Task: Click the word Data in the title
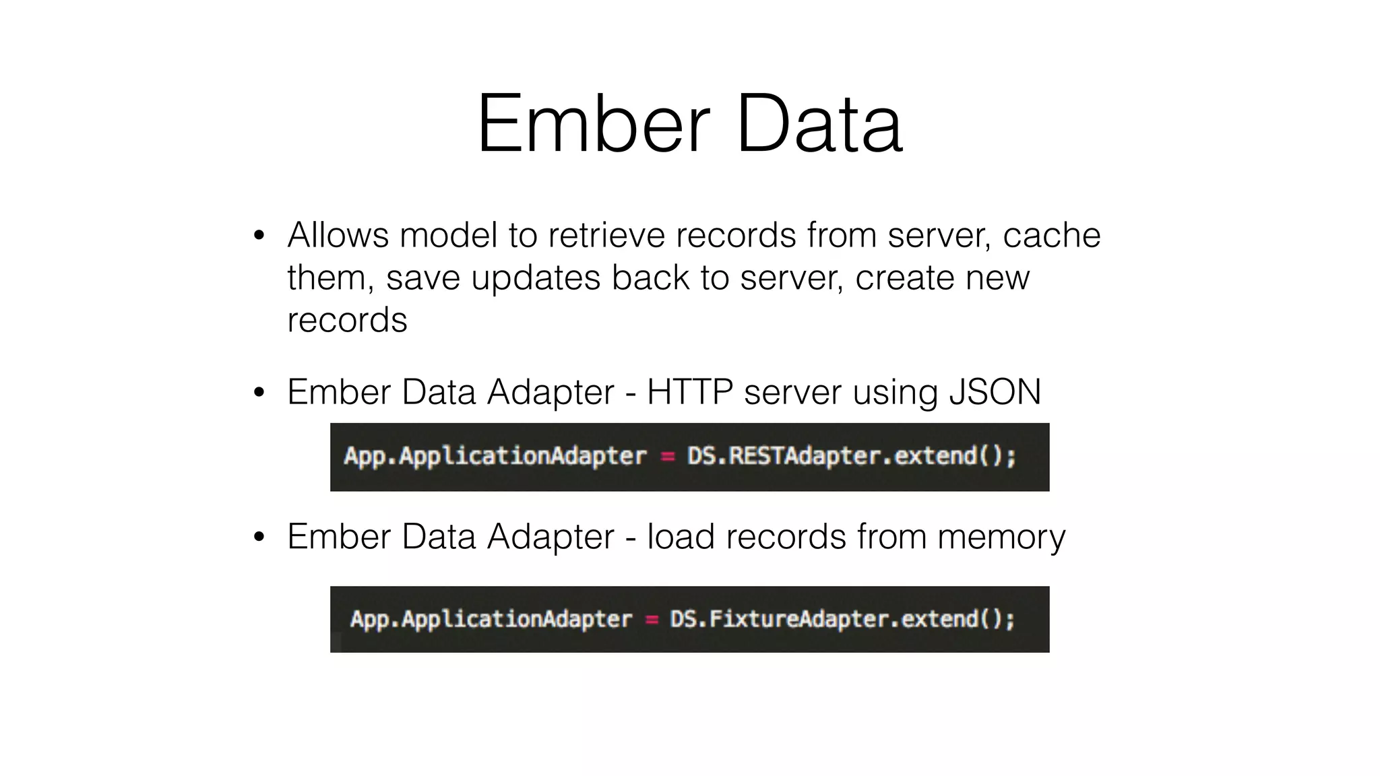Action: tap(819, 125)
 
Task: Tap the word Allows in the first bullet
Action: tap(338, 235)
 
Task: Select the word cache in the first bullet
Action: tap(1052, 235)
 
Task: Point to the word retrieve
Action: tap(606, 235)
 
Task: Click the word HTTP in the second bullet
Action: tap(689, 392)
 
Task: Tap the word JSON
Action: tap(995, 392)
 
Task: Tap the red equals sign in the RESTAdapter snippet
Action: tap(667, 457)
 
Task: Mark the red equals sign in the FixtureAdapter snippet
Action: tap(652, 620)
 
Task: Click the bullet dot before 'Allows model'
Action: tap(259, 236)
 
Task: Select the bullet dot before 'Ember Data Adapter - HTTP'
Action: tap(259, 393)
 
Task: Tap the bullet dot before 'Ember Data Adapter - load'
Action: tap(259, 538)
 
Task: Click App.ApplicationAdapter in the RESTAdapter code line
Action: tap(495, 457)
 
